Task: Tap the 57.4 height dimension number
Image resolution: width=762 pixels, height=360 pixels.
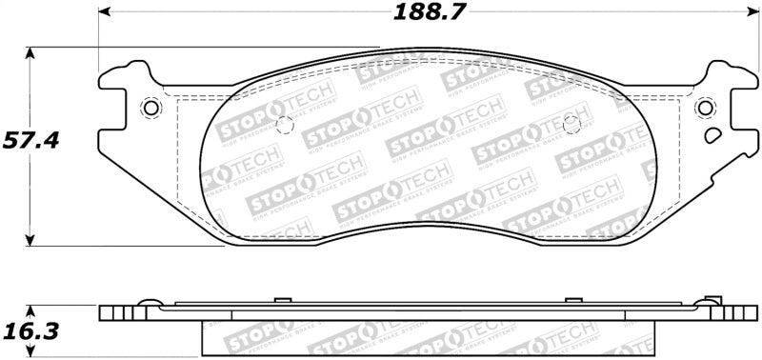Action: click(30, 141)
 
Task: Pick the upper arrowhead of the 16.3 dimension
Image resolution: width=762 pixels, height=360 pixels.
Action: click(32, 310)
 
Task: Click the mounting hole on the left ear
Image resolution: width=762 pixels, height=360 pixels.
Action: click(150, 108)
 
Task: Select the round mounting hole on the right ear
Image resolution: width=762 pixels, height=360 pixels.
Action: click(705, 108)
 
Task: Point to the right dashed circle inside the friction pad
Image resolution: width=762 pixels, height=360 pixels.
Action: click(571, 123)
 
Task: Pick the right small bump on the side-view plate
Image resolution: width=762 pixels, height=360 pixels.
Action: click(572, 300)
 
